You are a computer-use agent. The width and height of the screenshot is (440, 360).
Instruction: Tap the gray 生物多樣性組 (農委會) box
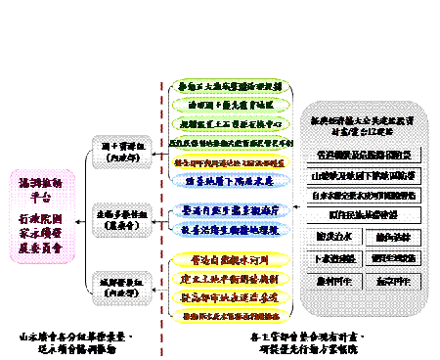(122, 218)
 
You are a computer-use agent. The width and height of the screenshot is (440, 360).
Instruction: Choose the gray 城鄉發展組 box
(122, 288)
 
